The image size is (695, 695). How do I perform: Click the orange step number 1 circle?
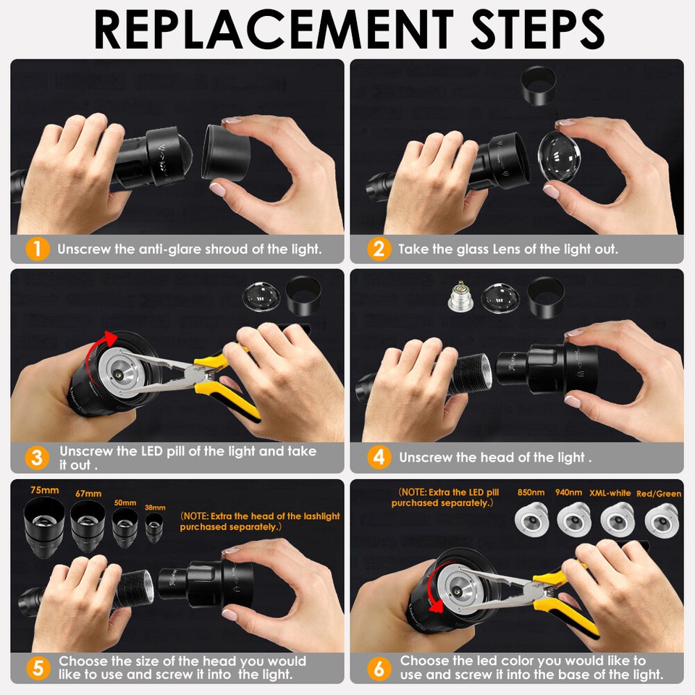pyautogui.click(x=37, y=249)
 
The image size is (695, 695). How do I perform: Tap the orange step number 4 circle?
pyautogui.click(x=379, y=457)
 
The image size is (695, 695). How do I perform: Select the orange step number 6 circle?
pyautogui.click(x=379, y=668)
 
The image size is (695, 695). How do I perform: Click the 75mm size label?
pyautogui.click(x=44, y=490)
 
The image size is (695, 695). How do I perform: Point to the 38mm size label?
pyautogui.click(x=155, y=507)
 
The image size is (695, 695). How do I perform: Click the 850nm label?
pyautogui.click(x=531, y=492)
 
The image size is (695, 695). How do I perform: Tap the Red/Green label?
pyautogui.click(x=659, y=494)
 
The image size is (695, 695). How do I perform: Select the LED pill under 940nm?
pyautogui.click(x=573, y=520)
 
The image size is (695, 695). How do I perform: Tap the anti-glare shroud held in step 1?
pyautogui.click(x=226, y=152)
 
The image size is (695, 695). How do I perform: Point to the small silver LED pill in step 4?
pyautogui.click(x=460, y=296)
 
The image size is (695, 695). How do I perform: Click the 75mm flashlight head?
pyautogui.click(x=44, y=526)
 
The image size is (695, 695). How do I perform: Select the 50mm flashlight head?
pyautogui.click(x=125, y=528)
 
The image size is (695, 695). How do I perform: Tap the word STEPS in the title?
pyautogui.click(x=537, y=30)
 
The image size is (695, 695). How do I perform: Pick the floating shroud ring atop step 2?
pyautogui.click(x=538, y=86)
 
